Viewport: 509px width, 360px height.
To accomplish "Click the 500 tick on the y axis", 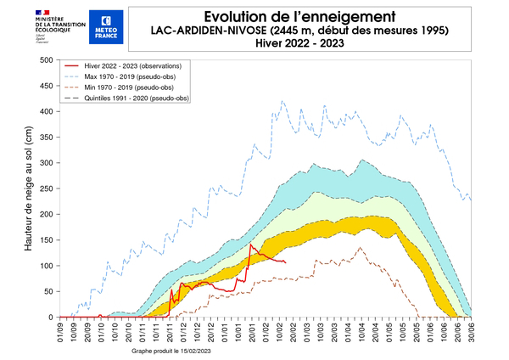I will tap(45, 59).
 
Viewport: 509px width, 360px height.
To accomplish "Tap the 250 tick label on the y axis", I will tap(45, 188).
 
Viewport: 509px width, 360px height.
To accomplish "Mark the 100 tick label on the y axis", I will tap(45, 266).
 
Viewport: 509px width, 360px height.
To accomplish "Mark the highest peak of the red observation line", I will tap(250, 245).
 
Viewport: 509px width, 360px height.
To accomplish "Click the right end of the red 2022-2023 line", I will tap(286, 262).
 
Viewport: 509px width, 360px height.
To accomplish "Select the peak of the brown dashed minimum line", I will tap(360, 247).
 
